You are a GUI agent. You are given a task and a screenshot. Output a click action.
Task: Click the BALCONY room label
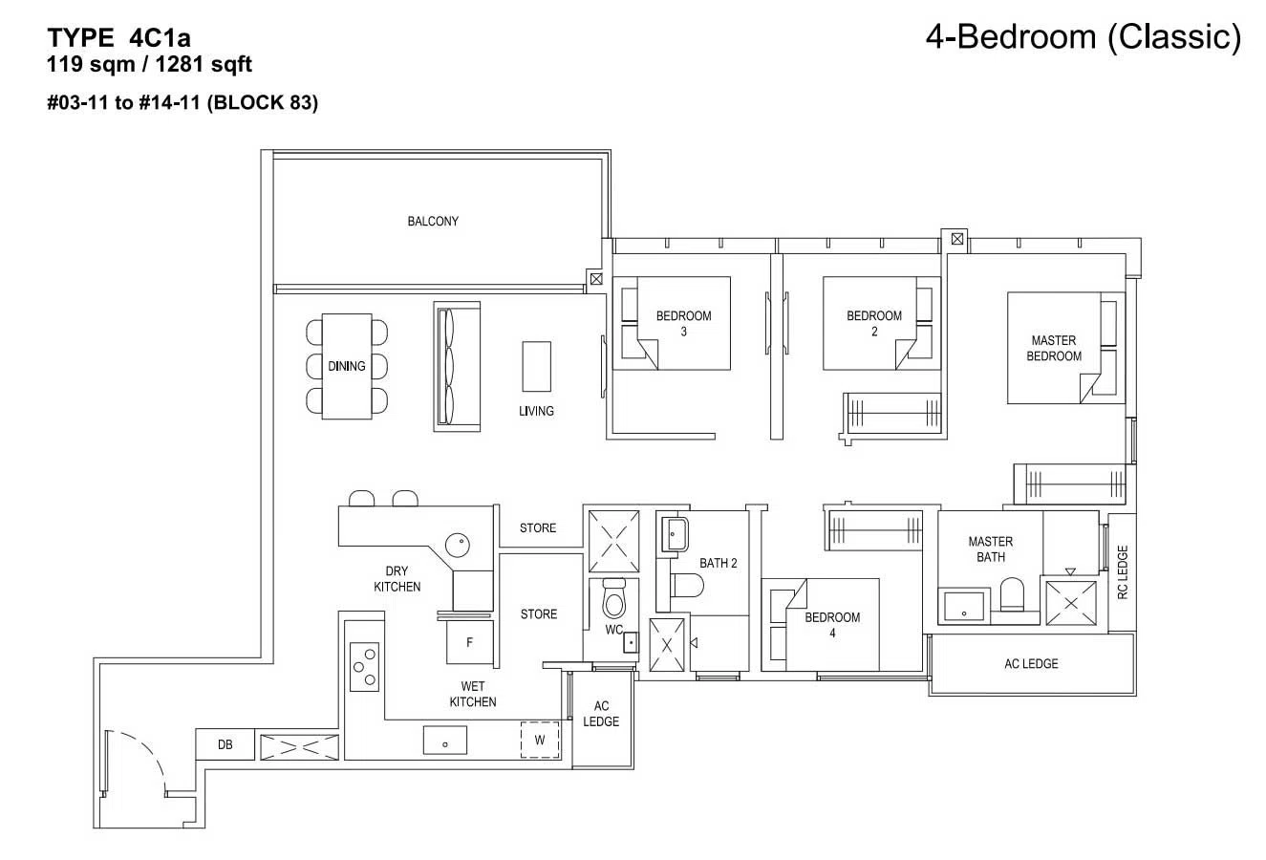(x=433, y=221)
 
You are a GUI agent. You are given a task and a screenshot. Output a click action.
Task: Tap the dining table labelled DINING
(x=347, y=366)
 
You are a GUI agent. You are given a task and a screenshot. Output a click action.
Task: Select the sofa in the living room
(x=457, y=366)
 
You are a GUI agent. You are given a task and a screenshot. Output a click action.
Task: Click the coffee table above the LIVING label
(x=536, y=366)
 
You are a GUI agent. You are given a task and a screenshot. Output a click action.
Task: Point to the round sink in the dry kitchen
(x=458, y=545)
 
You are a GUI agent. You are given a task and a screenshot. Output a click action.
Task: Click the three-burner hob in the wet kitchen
(x=364, y=667)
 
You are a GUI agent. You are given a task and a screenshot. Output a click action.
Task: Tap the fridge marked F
(x=469, y=642)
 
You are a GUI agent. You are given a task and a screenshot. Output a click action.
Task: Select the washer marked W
(x=540, y=740)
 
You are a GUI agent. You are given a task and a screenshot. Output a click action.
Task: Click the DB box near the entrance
(x=225, y=744)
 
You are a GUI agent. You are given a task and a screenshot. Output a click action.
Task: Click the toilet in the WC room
(x=613, y=598)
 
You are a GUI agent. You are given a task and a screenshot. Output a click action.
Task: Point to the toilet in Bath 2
(x=687, y=586)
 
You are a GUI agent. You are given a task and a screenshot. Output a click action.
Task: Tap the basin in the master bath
(x=964, y=606)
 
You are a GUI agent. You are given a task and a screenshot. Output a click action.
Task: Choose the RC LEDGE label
(x=1123, y=571)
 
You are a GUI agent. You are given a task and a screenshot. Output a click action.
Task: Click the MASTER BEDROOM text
(x=1054, y=348)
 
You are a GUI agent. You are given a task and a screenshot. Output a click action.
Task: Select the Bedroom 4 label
(x=832, y=625)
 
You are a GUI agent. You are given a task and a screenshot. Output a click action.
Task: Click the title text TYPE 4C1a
(x=119, y=38)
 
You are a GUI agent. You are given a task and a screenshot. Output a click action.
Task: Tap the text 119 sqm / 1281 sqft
(x=149, y=64)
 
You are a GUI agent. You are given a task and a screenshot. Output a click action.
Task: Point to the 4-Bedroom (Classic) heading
(x=1083, y=36)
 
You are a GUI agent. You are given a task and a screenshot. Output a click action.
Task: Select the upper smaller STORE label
(x=538, y=527)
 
